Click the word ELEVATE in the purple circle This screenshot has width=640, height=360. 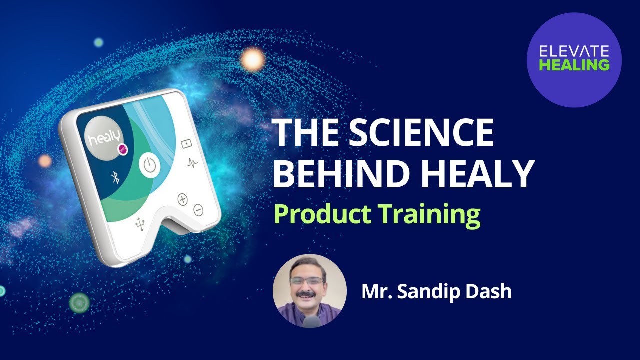[574, 51]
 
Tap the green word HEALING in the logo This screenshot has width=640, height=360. [574, 65]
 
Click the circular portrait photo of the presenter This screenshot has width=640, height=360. [310, 291]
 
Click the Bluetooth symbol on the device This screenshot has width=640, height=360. [115, 176]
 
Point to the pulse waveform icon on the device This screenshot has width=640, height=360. [192, 162]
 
